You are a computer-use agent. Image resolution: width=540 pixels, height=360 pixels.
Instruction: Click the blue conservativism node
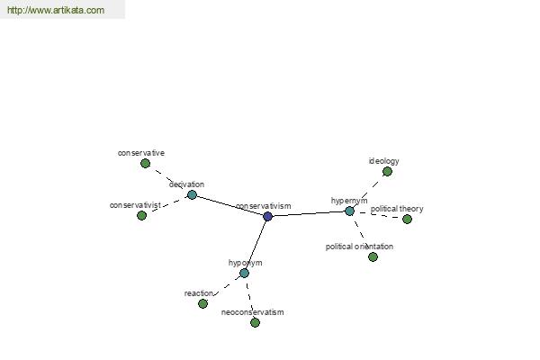(267, 216)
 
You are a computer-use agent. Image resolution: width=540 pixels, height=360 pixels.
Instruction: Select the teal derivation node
(192, 194)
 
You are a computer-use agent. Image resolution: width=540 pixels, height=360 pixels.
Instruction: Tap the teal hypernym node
(349, 211)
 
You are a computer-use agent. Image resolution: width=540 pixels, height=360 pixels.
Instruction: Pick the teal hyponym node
(244, 274)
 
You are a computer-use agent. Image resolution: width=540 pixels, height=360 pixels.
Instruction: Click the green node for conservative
(145, 163)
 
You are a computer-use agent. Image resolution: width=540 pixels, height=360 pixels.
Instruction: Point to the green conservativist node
(141, 216)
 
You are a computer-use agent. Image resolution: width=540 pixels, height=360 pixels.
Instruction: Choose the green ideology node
(387, 171)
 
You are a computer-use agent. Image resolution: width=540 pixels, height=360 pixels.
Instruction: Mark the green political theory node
(407, 219)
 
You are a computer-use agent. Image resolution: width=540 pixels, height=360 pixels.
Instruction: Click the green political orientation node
(373, 256)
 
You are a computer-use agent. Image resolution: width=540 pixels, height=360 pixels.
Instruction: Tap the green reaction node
(202, 303)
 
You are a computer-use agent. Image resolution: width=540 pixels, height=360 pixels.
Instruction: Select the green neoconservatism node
(255, 322)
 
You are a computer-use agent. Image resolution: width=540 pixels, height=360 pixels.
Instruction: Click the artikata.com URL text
(56, 10)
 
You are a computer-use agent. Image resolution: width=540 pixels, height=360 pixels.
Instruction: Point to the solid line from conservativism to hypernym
(309, 214)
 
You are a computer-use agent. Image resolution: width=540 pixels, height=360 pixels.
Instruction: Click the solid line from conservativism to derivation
(229, 206)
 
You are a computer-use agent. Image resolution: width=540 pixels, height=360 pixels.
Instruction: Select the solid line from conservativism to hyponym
(256, 245)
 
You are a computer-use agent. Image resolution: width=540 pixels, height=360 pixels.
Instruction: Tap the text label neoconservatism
(252, 312)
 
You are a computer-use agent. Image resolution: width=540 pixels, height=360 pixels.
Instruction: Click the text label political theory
(397, 209)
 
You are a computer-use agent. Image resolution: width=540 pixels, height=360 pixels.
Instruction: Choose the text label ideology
(384, 161)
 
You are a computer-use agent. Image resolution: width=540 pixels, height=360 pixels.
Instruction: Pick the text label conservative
(141, 153)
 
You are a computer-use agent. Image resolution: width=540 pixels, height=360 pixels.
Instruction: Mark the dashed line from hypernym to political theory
(378, 215)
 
